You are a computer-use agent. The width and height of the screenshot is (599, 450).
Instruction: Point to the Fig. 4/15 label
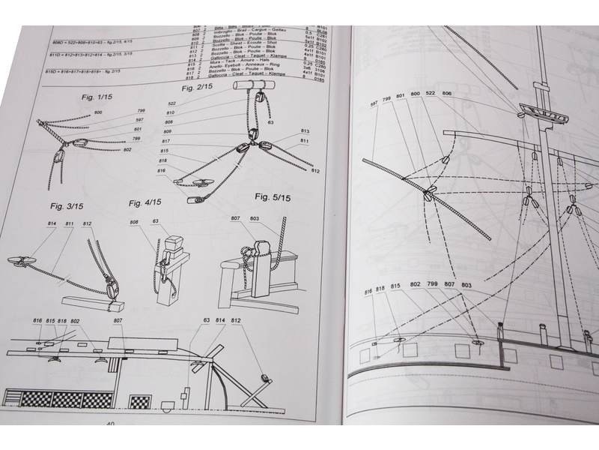pos(145,202)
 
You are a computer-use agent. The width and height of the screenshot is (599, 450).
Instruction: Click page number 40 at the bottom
pos(110,424)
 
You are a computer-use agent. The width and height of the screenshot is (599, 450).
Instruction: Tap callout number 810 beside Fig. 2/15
pos(170,112)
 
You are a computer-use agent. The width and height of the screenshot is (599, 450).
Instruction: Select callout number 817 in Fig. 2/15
pos(165,141)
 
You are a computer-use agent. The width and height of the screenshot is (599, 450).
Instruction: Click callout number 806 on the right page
pos(447,94)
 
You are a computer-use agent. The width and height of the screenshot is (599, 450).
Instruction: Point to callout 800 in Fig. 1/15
pos(97,112)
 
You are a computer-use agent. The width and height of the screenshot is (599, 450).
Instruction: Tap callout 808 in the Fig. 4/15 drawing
pos(134,222)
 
